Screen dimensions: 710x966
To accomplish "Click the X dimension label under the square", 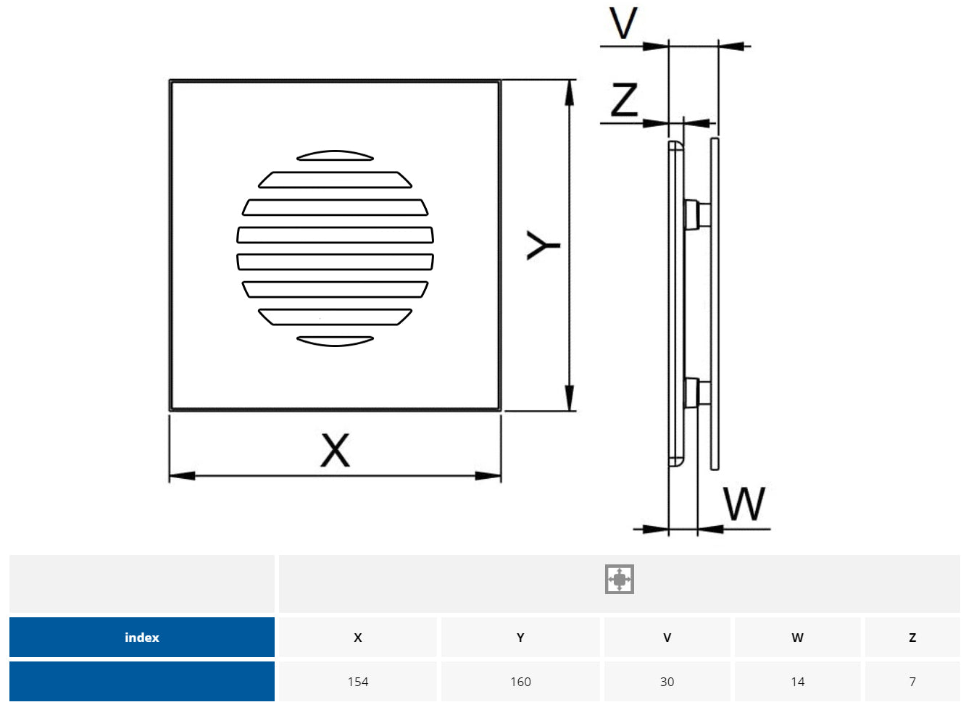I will click(x=335, y=450).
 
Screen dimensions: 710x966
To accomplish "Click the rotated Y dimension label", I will click(x=543, y=246).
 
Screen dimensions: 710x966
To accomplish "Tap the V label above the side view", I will click(x=623, y=24).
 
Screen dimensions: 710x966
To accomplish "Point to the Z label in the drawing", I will click(x=624, y=99).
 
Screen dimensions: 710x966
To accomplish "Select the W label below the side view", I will click(x=744, y=504).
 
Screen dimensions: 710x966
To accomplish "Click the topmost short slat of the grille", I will click(x=335, y=156).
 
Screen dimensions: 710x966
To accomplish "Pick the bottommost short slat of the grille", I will click(x=335, y=341).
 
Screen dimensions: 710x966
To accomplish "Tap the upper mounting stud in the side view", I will click(x=696, y=214).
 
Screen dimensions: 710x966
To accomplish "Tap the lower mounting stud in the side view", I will click(x=696, y=392).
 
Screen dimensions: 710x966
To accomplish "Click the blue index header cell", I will click(x=142, y=638).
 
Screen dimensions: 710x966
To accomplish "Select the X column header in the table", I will click(x=358, y=638).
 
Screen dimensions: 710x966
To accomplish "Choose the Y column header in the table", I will click(x=520, y=638).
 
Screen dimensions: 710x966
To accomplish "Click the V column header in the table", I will click(x=667, y=638).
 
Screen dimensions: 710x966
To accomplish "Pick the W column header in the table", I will click(x=797, y=638).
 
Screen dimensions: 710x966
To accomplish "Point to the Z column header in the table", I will click(x=912, y=638).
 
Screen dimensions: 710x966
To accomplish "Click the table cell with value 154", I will click(x=358, y=682).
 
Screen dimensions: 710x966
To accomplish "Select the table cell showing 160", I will click(x=520, y=682).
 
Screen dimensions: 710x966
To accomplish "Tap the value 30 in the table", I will click(x=667, y=682).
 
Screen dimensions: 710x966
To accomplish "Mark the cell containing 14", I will click(x=797, y=682).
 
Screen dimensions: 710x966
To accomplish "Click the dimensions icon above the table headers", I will click(x=620, y=580).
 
